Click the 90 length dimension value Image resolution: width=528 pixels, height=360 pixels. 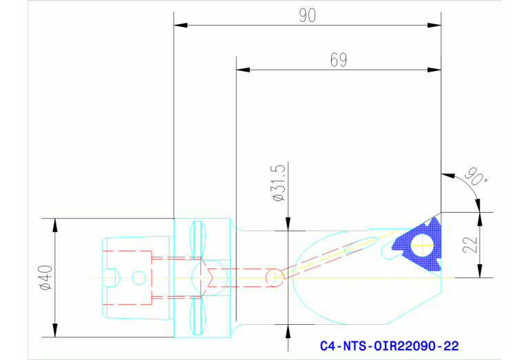click(x=307, y=15)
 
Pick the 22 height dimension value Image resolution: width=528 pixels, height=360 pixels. click(x=471, y=244)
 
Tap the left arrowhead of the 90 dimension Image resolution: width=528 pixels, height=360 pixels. click(x=180, y=25)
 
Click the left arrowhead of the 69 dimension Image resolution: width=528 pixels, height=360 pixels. click(x=242, y=70)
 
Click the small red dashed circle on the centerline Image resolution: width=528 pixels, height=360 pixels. click(x=273, y=277)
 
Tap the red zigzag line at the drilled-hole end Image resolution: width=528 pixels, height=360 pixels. click(x=210, y=277)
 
